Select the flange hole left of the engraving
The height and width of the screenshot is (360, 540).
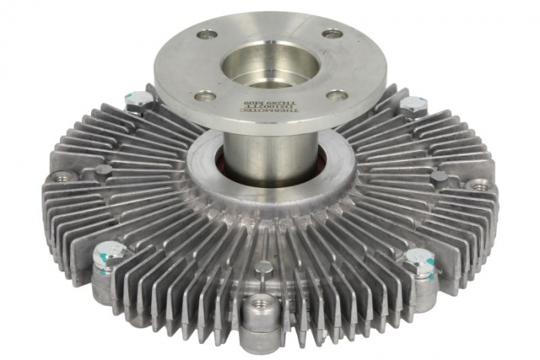pos(204,96)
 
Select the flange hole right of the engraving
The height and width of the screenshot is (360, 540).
pos(336,95)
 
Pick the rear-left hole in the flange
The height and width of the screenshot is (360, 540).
pos(206,34)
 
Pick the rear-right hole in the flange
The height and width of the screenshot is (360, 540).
pos(331,34)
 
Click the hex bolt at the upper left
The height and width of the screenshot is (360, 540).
pos(138,99)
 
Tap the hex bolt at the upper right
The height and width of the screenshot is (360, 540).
pos(413,103)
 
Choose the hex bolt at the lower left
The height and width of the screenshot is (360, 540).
pos(108,252)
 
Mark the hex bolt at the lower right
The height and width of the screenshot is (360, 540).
pos(419,258)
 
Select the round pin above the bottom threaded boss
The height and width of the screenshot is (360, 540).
pos(264,267)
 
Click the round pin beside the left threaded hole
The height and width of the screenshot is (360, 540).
pos(103,170)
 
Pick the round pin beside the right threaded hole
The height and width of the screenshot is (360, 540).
pos(440,177)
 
